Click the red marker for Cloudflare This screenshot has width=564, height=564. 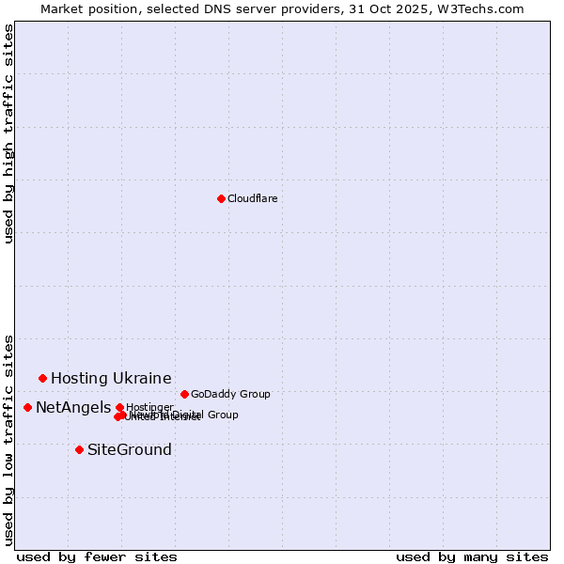(x=221, y=198)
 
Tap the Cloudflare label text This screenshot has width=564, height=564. (x=252, y=198)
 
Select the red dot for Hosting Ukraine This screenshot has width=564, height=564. (x=42, y=378)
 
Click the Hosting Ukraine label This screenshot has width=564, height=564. (x=111, y=378)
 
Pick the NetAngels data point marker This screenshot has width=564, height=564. (x=27, y=407)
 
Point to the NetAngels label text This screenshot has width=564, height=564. (x=73, y=407)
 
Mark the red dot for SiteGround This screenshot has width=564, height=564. (x=79, y=449)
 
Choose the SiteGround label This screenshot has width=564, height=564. (x=130, y=449)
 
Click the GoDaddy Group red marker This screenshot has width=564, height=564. (x=184, y=394)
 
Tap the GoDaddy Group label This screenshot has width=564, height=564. (x=230, y=394)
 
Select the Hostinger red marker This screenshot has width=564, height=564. (x=119, y=407)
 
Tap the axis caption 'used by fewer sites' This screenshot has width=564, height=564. (x=97, y=556)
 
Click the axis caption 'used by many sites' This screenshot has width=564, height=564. (x=472, y=556)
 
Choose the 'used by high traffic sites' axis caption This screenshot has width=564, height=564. (x=8, y=133)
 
